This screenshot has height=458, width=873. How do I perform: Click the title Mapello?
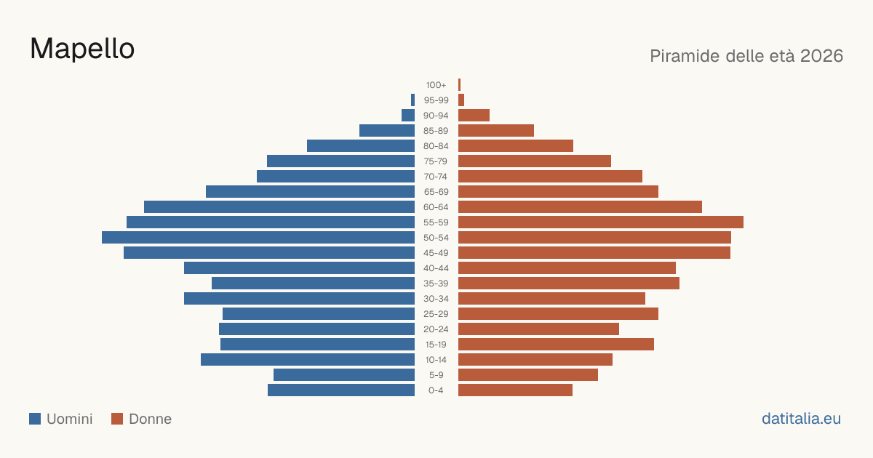(x=82, y=49)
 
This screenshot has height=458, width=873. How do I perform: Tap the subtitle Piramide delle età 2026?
(x=746, y=56)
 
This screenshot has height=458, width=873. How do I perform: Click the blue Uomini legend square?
(x=35, y=419)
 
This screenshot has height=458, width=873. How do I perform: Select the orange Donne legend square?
(x=117, y=419)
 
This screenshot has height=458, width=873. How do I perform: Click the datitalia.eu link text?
(x=801, y=419)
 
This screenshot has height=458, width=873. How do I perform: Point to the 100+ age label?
(x=436, y=85)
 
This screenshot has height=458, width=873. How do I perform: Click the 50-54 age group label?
(x=436, y=238)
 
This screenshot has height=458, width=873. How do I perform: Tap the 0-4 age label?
(x=436, y=390)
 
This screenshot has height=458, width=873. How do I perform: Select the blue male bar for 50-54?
(x=258, y=238)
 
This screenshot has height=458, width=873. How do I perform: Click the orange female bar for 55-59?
(x=601, y=222)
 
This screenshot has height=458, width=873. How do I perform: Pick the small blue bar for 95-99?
(x=412, y=100)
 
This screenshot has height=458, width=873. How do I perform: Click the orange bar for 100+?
(x=460, y=85)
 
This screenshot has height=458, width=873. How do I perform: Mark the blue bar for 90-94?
(x=408, y=116)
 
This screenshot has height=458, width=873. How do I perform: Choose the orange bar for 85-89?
(x=496, y=130)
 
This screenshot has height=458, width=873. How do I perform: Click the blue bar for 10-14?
(x=308, y=359)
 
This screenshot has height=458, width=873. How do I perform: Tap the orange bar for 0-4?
(x=515, y=390)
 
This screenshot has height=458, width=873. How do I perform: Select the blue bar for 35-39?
(x=313, y=283)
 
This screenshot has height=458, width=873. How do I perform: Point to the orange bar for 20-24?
(x=538, y=329)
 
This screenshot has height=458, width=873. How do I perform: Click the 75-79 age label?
(x=436, y=161)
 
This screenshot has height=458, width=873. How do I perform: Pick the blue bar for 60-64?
(x=279, y=206)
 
